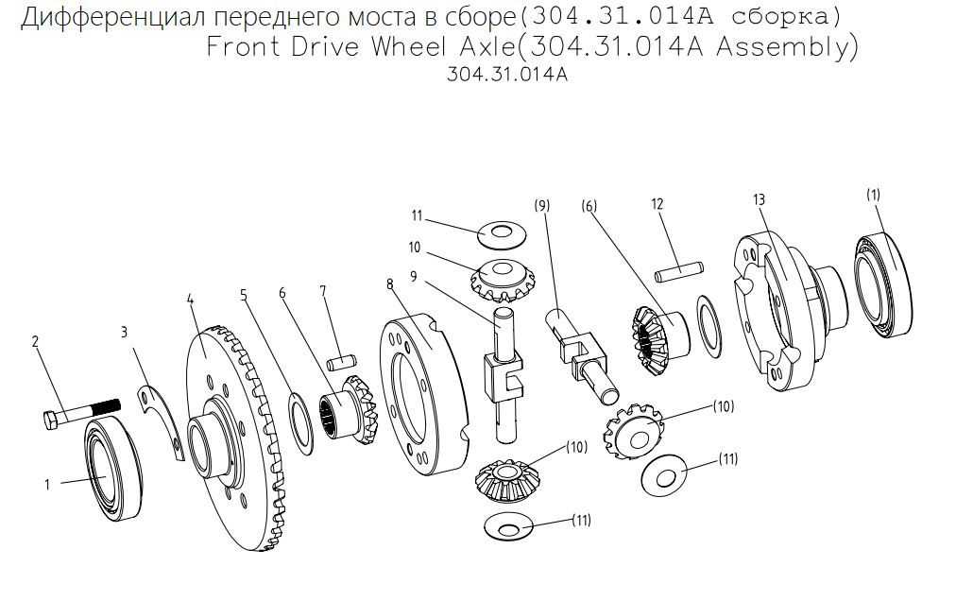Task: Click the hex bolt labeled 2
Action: [82, 413]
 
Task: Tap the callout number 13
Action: [759, 199]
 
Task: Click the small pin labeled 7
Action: [341, 364]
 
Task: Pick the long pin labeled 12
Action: [679, 272]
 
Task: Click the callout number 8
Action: [389, 284]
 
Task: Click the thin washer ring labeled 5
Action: [300, 424]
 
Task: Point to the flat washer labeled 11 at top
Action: [503, 235]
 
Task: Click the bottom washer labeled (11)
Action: [508, 526]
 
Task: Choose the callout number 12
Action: [657, 204]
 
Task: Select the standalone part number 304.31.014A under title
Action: [507, 75]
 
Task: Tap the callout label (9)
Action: [542, 206]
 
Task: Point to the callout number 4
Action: [190, 300]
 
